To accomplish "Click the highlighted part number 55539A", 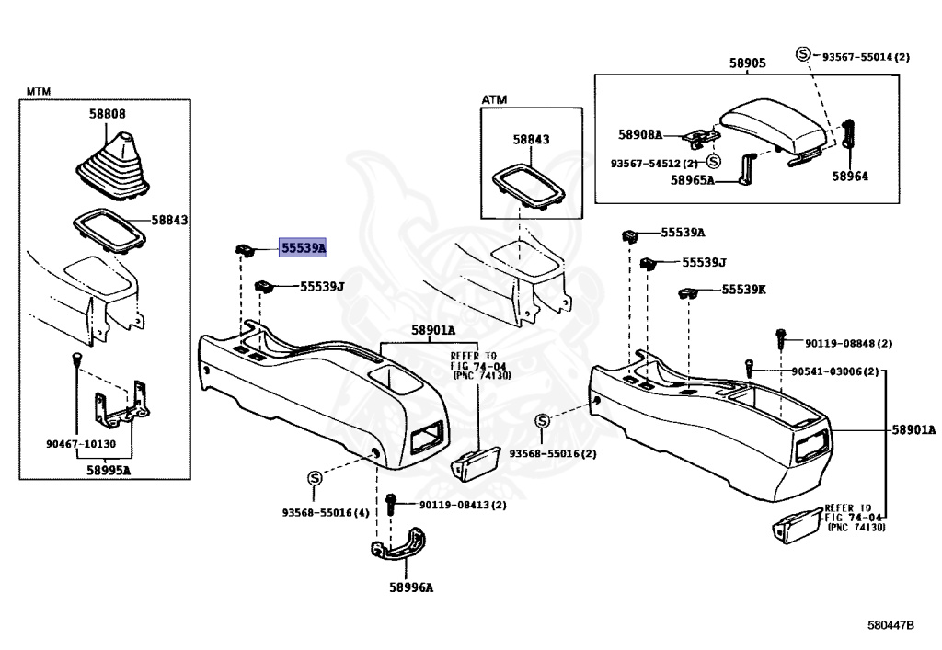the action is tap(302, 246).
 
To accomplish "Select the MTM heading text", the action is tap(39, 91).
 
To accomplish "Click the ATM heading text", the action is tap(494, 99).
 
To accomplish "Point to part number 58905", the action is tap(747, 63).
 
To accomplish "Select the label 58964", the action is tap(849, 176).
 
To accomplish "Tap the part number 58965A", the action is tap(692, 180).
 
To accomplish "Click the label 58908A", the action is tap(640, 134).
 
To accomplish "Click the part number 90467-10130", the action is tap(81, 444).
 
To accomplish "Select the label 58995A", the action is tap(109, 470).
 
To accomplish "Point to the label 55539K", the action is tap(743, 290).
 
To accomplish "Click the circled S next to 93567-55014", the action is tap(803, 54).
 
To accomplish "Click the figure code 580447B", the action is tap(890, 625).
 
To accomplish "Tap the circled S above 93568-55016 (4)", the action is tap(315, 478).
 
